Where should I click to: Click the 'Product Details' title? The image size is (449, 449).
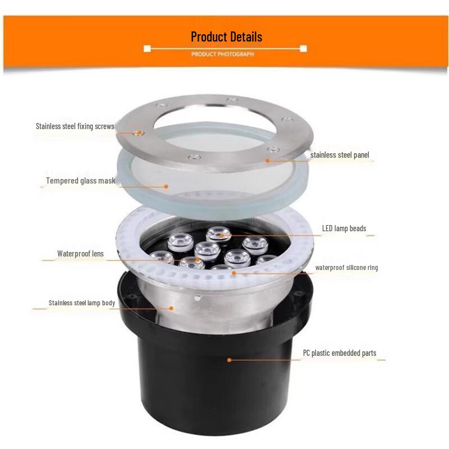coord(226,37)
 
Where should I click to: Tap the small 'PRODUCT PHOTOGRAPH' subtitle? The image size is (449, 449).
coord(222,54)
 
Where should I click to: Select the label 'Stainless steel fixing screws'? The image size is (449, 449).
coord(75,126)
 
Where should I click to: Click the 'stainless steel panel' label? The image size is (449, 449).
coord(340,155)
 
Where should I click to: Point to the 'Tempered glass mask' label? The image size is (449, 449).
coord(80,181)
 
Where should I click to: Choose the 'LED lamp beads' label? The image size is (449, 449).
coord(343,228)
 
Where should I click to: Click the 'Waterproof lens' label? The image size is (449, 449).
coord(80,254)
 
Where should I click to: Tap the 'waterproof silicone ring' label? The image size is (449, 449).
coord(346,268)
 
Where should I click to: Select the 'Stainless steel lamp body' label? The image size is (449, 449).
coord(81,303)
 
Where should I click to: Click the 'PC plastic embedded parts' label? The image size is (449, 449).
coord(340,353)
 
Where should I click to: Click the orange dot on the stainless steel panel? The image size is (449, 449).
coord(268,161)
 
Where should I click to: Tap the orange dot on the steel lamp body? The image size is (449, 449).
coord(173,308)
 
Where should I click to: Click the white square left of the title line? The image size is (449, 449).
coord(148,49)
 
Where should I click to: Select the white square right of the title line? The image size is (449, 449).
coord(303,49)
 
